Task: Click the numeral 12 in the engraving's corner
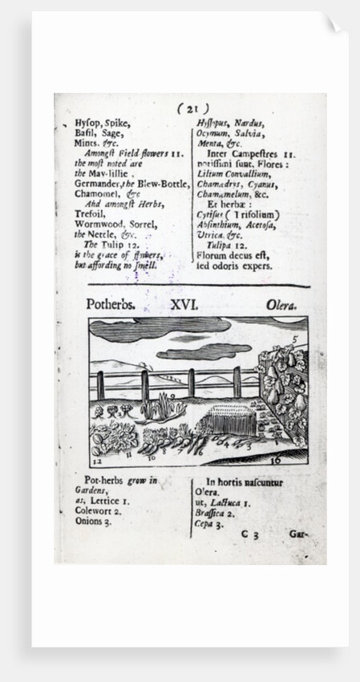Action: click(95, 463)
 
